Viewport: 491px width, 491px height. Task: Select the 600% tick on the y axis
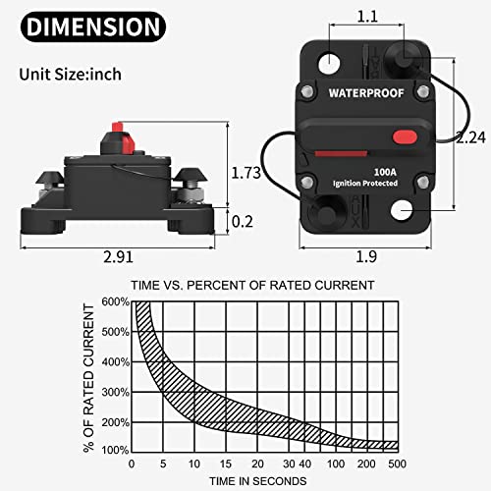tap(113, 301)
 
